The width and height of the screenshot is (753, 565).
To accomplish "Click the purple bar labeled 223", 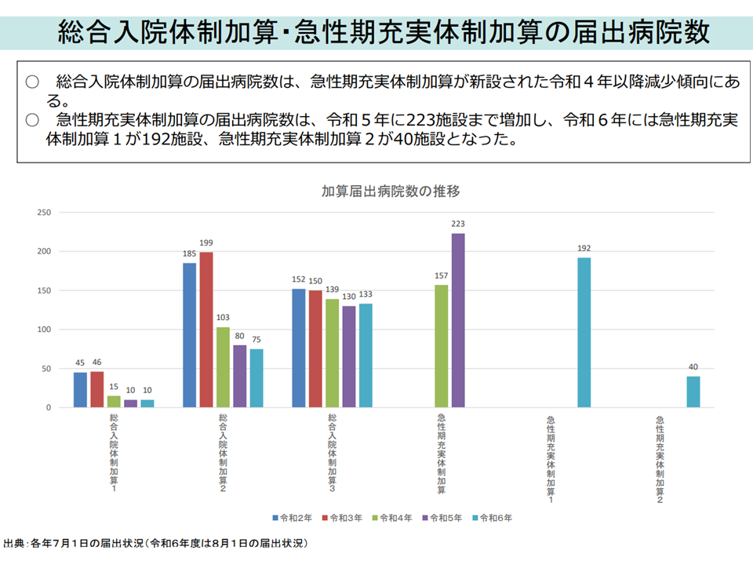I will coord(458,320).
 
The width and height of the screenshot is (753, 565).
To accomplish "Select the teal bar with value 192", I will coord(584,333).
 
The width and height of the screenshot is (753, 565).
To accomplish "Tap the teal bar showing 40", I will coord(693,392).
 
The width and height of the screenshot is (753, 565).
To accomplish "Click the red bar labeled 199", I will coord(206,330).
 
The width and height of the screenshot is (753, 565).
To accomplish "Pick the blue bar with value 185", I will coord(190,335).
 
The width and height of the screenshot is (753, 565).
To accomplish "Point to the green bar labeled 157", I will coord(442,346).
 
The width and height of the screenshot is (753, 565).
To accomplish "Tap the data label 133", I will coord(365,294).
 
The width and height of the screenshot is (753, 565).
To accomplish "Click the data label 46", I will coord(96,363).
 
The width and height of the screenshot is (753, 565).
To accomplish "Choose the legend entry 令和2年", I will coord(293,518).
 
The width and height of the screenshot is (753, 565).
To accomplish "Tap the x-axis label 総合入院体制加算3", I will coord(333,454).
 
